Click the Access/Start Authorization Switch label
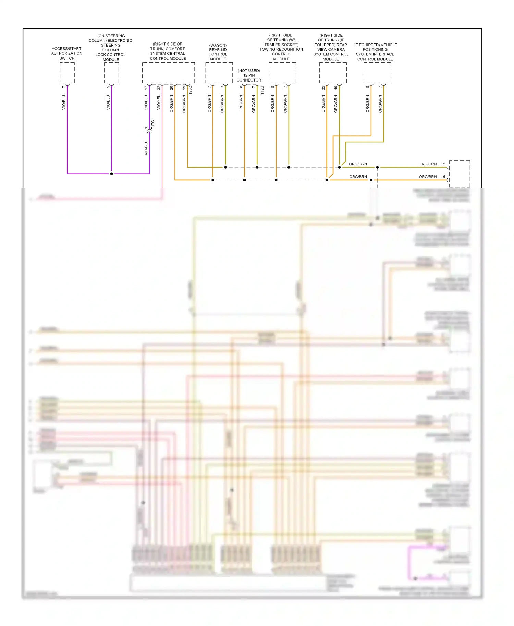pyautogui.click(x=67, y=53)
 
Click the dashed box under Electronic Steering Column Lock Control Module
pyautogui.click(x=111, y=73)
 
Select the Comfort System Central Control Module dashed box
pyautogui.click(x=168, y=73)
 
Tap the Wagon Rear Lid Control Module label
pyautogui.click(x=218, y=52)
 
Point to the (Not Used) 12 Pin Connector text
pyautogui.click(x=249, y=75)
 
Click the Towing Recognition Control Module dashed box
pyautogui.click(x=282, y=73)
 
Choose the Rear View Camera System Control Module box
pyautogui.click(x=333, y=73)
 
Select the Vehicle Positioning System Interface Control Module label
pyautogui.click(x=375, y=52)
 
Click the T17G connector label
pyautogui.click(x=153, y=124)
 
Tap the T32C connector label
pyautogui.click(x=191, y=90)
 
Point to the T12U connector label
pyautogui.click(x=262, y=90)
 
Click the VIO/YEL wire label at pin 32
pyautogui.click(x=159, y=102)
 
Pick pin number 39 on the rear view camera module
pyautogui.click(x=323, y=88)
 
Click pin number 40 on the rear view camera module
pyautogui.click(x=336, y=88)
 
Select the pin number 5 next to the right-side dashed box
pyautogui.click(x=444, y=164)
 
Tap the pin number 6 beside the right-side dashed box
pyautogui.click(x=444, y=177)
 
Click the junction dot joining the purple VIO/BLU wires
pyautogui.click(x=111, y=174)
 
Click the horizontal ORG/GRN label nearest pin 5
pyautogui.click(x=427, y=164)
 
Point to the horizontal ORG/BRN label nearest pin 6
pyautogui.click(x=428, y=177)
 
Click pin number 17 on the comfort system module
pyautogui.click(x=146, y=88)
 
